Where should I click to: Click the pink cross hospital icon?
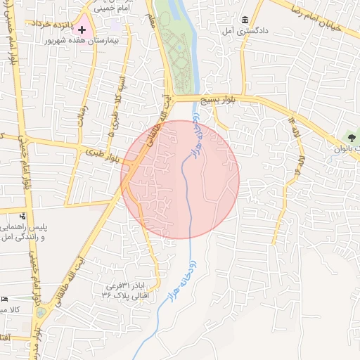coord(82,30)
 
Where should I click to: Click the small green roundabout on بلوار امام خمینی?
coord(40,311)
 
